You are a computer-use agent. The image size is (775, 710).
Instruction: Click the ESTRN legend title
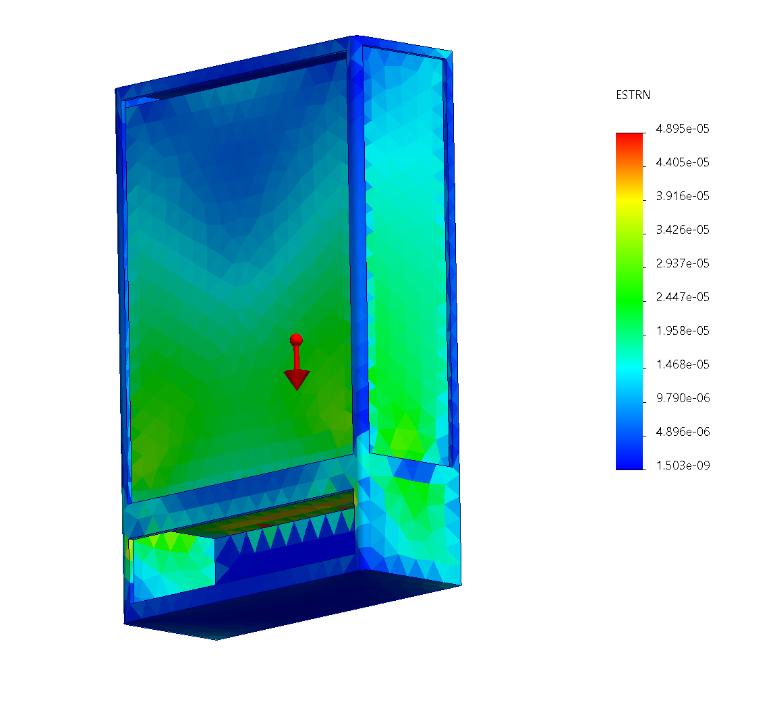633,95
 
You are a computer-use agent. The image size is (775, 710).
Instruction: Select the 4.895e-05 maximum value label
683,129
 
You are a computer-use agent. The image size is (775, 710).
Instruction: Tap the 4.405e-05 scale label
683,162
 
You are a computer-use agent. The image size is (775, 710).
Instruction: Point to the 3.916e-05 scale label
683,196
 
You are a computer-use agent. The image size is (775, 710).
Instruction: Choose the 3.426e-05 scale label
683,230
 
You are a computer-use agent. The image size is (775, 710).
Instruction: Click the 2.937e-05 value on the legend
683,263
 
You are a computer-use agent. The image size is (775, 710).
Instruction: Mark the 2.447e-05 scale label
683,297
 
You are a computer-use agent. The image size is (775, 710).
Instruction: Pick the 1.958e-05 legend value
683,330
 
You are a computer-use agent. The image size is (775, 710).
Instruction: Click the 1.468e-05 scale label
683,364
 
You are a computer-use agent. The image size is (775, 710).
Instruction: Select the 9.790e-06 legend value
683,398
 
